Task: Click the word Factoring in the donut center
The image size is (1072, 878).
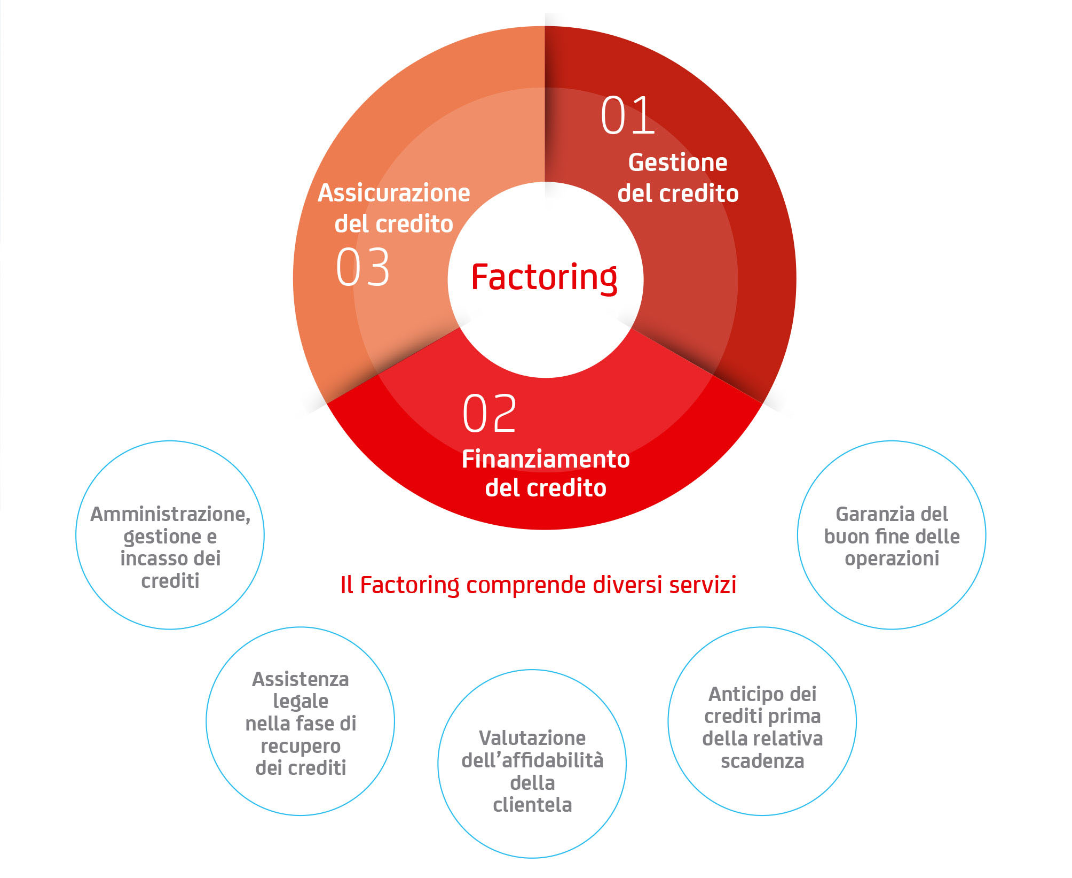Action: pos(544,277)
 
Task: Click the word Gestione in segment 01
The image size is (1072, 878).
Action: pos(677,162)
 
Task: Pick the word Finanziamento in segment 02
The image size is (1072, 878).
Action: pos(546,459)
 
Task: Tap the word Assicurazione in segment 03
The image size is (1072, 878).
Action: pos(394,193)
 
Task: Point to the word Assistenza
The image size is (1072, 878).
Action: pos(301,679)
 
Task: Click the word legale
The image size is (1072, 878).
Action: pos(301,702)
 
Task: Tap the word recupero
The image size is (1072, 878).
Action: pos(301,746)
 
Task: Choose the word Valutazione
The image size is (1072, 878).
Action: pos(532,738)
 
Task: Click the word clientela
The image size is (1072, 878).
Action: pos(532,805)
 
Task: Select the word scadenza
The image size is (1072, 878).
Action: pos(762,761)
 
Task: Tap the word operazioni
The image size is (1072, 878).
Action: pos(892,558)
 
